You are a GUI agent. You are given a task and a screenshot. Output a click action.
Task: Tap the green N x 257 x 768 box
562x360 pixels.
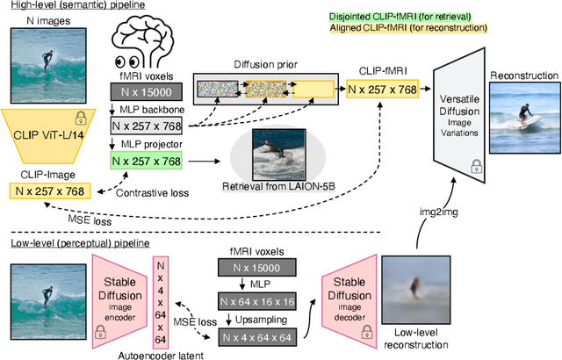pyautogui.click(x=146, y=161)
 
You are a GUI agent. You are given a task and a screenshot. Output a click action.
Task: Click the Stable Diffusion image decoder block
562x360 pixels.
pyautogui.click(x=345, y=290)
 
